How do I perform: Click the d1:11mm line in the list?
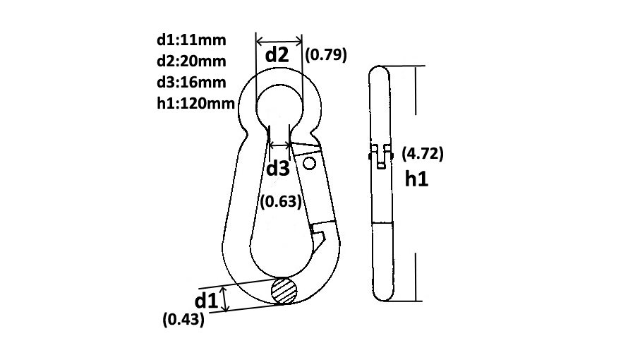click(191, 40)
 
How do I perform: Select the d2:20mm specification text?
click(191, 61)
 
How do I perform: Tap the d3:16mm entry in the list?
click(191, 83)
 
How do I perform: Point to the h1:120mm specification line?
click(195, 103)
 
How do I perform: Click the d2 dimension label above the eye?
click(277, 54)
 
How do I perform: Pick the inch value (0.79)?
click(326, 54)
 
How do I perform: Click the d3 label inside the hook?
click(277, 168)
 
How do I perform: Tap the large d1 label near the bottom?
click(207, 301)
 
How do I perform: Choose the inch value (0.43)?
click(183, 319)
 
